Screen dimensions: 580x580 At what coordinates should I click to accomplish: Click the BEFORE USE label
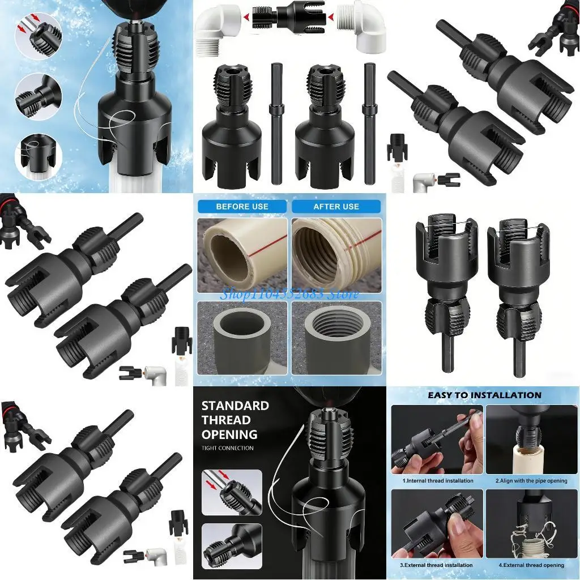242,207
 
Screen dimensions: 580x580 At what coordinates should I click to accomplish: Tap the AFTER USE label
336,207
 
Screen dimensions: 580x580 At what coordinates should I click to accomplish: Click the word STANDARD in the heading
235,406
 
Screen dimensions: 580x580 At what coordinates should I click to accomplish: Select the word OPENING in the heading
229,434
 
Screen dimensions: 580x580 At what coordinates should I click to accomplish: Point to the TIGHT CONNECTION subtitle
228,449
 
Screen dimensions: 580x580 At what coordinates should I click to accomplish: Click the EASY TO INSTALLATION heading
484,395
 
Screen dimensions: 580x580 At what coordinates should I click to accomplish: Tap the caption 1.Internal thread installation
438,481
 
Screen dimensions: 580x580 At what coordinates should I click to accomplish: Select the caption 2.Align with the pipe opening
531,481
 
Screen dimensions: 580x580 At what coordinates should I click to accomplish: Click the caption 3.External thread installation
437,565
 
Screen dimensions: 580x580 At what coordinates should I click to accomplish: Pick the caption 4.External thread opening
531,565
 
